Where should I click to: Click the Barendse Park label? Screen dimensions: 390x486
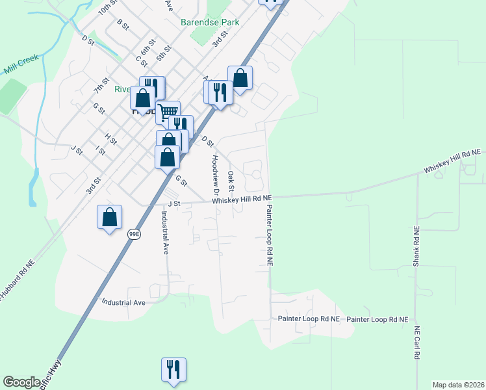tap(210, 22)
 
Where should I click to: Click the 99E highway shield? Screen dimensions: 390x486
tap(134, 234)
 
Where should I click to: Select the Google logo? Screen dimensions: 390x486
tap(22, 382)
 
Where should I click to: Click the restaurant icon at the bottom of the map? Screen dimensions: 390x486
tap(173, 369)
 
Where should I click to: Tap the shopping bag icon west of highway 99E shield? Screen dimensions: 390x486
tap(110, 217)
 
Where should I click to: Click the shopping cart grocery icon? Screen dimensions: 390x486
tap(168, 112)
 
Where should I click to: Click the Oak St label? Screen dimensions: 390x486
tap(231, 177)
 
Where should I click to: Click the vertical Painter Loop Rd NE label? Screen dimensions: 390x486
tap(268, 235)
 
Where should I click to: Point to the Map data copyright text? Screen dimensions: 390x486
tap(458, 385)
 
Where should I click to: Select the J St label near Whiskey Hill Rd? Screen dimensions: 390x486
tap(173, 203)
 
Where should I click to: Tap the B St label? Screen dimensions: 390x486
tap(122, 24)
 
